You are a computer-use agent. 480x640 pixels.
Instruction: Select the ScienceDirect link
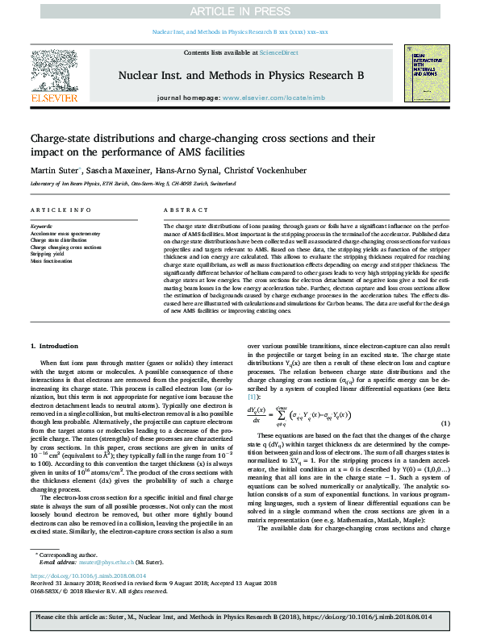pos(278,52)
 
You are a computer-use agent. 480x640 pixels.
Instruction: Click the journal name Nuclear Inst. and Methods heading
pos(240,75)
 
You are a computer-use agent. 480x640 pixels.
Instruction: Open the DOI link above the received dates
pos(89,576)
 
